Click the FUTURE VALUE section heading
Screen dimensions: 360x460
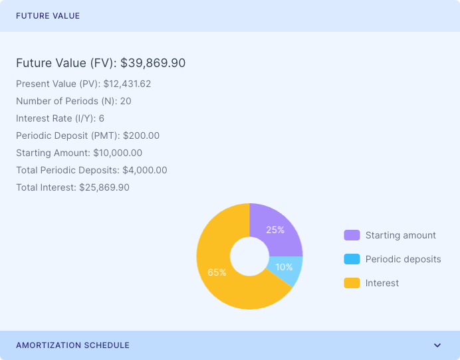tap(48, 16)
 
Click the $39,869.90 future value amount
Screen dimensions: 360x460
tap(153, 63)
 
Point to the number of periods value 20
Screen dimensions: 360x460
tap(126, 101)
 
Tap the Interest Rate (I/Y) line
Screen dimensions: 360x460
tap(60, 118)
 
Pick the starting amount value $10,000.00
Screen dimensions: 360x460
tap(118, 153)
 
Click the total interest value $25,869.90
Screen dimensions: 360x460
tap(104, 187)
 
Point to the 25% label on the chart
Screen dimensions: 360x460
tap(275, 230)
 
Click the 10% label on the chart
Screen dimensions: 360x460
tap(284, 267)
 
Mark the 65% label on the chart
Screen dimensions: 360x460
tap(217, 272)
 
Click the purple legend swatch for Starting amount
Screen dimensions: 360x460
tap(352, 235)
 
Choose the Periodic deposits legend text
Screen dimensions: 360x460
tap(403, 259)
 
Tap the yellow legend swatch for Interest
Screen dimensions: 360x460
tap(352, 283)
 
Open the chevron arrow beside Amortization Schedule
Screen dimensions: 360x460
tap(437, 345)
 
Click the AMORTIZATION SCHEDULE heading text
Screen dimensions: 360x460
tap(72, 345)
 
